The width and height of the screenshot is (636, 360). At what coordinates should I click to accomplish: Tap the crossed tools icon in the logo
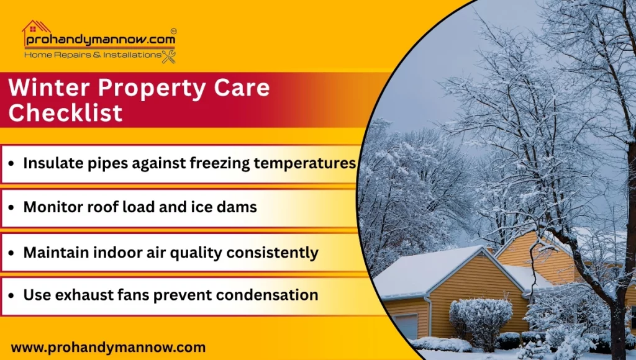[x=168, y=56]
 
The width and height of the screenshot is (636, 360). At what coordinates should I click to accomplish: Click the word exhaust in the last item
[x=77, y=295]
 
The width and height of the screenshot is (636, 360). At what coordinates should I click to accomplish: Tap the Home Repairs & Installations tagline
[x=92, y=55]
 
